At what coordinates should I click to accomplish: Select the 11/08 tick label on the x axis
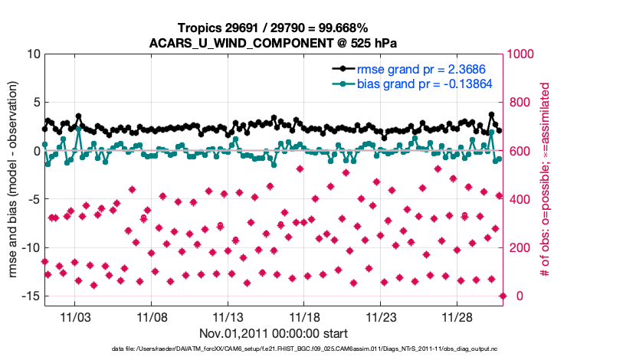(152, 316)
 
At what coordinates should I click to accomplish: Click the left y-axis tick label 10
(33, 54)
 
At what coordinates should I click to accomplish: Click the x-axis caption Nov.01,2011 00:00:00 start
(274, 333)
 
